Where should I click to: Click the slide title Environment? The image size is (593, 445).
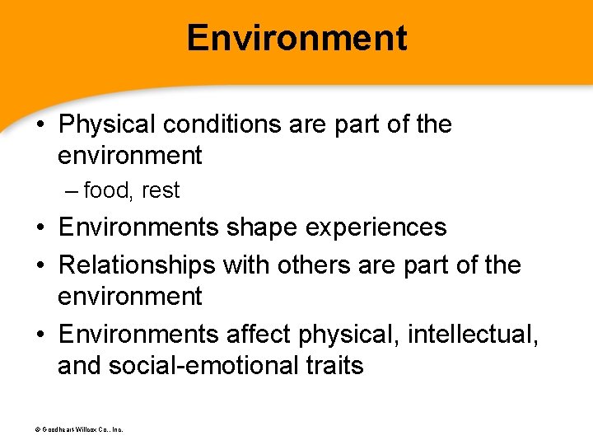coord(296,39)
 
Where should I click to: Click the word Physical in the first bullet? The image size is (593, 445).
coord(107,124)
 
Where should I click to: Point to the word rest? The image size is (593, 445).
coord(160,190)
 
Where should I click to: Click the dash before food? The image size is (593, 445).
coord(72,190)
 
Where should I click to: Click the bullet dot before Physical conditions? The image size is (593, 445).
coord(42,125)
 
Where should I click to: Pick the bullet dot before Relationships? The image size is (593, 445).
coord(42,266)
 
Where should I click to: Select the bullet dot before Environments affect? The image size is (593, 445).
coord(42,335)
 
